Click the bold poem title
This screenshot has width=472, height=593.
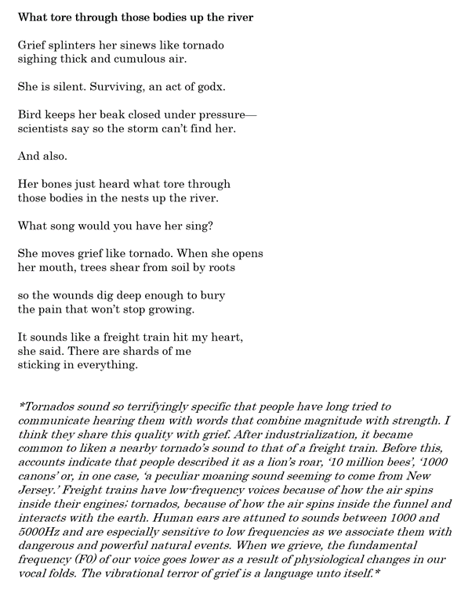(135, 17)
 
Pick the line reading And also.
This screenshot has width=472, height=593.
(45, 156)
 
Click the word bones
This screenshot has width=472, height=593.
(61, 184)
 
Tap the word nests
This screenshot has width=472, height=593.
(151, 198)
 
